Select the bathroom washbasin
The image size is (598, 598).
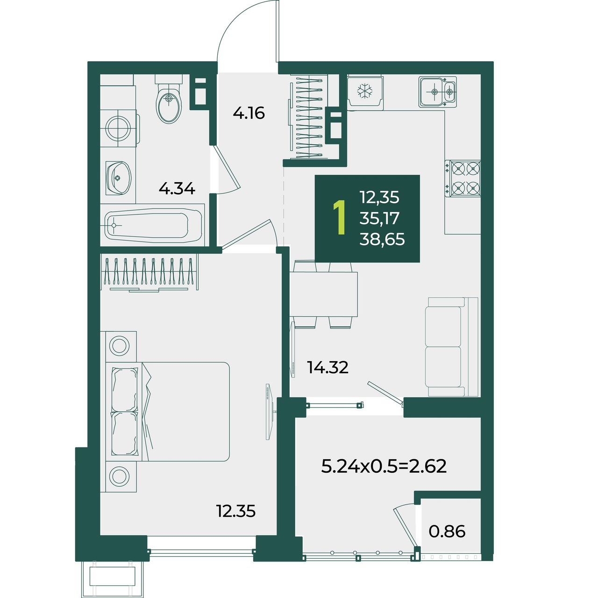click(118, 178)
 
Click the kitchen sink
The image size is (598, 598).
click(438, 92)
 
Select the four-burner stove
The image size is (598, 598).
click(463, 178)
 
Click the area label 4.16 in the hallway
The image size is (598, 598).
click(249, 113)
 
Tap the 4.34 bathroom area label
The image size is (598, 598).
click(177, 188)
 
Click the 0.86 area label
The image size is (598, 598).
click(447, 531)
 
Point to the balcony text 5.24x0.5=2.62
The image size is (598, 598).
click(384, 475)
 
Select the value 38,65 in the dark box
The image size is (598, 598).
click(382, 239)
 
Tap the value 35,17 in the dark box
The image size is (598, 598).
click(379, 219)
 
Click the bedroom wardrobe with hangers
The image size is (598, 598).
click(149, 273)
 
